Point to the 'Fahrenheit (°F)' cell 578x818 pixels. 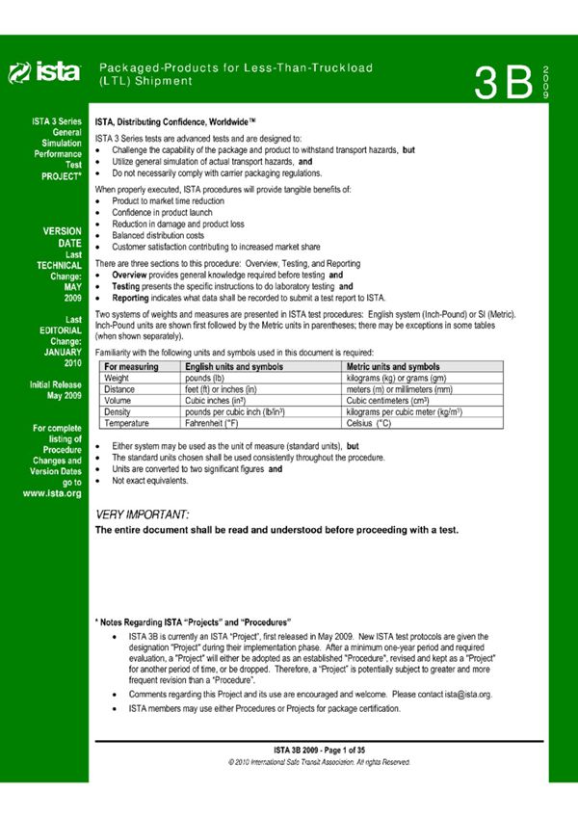point(218,423)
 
